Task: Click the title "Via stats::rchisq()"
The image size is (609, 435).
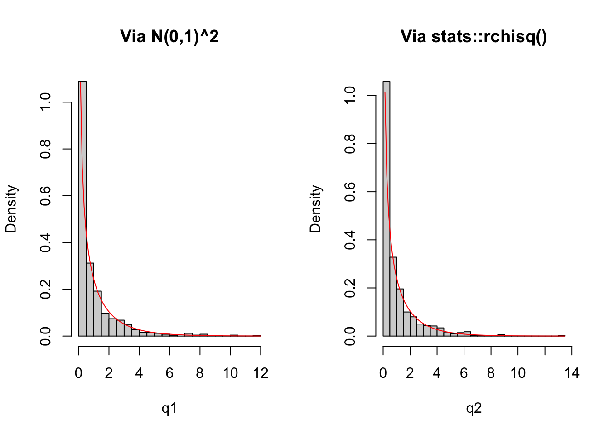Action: (474, 36)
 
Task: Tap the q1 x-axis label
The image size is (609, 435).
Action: (169, 409)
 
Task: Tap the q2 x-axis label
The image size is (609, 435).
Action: (474, 409)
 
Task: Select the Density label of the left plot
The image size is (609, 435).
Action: (11, 209)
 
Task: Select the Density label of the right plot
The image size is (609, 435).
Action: (315, 209)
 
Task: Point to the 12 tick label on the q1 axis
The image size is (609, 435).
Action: (261, 373)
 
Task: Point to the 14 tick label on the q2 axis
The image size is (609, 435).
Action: (572, 373)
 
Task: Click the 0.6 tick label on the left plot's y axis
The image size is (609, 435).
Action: (46, 196)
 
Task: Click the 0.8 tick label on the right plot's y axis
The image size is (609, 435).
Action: (350, 144)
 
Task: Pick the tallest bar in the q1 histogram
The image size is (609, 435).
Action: (82, 208)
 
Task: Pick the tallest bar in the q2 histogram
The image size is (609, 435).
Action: (387, 208)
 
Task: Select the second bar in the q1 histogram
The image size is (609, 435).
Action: (90, 299)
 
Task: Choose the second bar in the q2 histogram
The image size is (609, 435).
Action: (393, 296)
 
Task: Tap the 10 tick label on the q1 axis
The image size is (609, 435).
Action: (230, 373)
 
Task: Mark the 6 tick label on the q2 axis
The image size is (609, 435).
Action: (464, 373)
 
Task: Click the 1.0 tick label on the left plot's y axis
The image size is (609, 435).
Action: (46, 102)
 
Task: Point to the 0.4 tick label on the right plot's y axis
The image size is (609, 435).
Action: (350, 240)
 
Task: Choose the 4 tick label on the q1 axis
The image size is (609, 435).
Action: (139, 373)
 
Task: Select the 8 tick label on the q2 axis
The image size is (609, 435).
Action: (491, 373)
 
